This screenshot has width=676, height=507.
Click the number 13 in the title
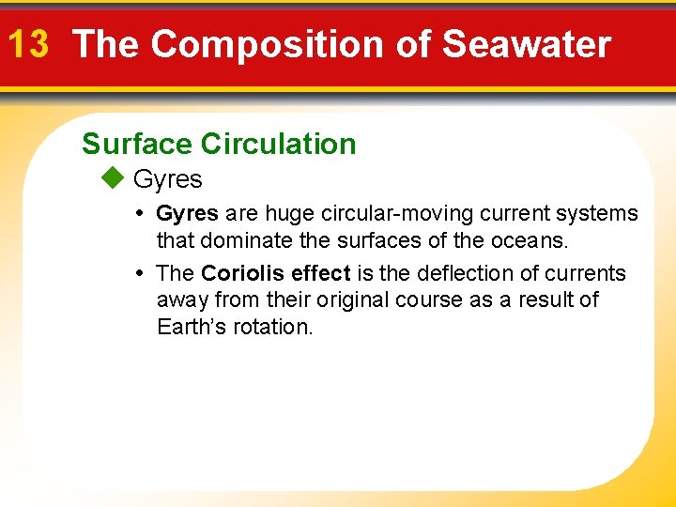(27, 44)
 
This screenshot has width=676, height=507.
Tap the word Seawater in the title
(526, 44)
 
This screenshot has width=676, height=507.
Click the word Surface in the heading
(138, 144)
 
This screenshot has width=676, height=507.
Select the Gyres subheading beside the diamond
(168, 179)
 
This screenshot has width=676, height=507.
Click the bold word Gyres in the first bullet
(187, 214)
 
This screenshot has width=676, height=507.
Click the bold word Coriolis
(243, 273)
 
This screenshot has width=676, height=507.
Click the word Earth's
(192, 328)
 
